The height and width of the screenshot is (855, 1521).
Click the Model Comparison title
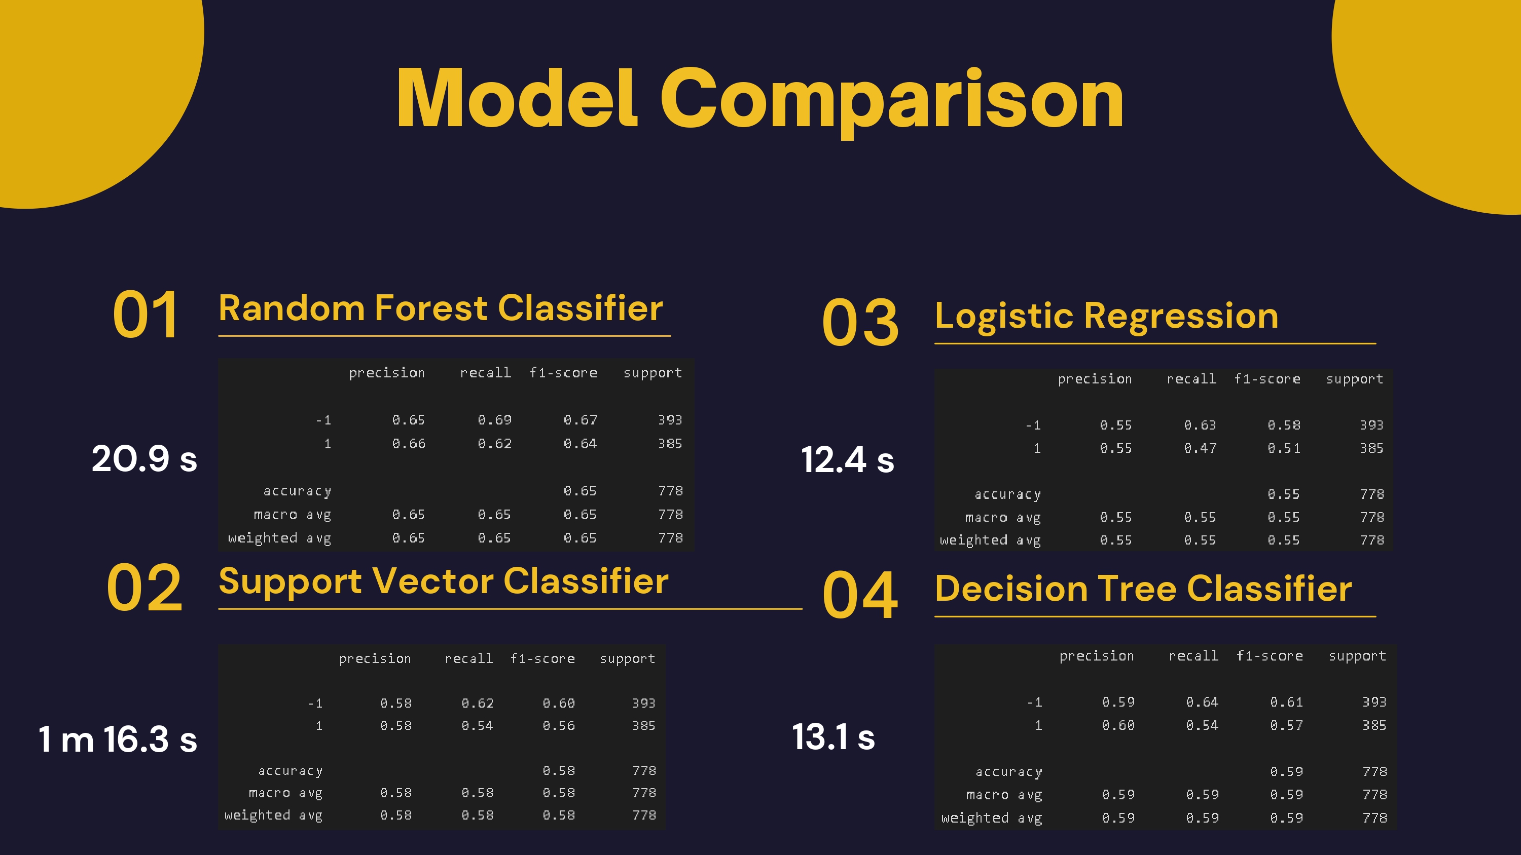click(x=760, y=99)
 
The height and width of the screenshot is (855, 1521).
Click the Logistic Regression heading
click(x=1106, y=316)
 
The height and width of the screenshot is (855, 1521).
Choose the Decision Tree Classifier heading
click(x=1143, y=589)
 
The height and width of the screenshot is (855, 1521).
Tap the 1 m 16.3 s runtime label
click(x=118, y=739)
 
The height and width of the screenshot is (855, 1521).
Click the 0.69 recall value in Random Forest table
click(x=494, y=419)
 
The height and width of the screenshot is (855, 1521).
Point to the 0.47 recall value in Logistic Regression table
click(x=1200, y=448)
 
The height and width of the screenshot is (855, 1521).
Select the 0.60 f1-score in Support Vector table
click(x=559, y=704)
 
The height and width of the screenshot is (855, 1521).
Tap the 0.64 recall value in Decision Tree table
click(x=1202, y=702)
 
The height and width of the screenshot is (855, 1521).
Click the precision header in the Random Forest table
click(x=387, y=373)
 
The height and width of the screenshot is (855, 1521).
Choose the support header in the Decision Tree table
click(x=1357, y=656)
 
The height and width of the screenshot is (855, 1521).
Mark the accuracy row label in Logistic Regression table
click(x=1007, y=494)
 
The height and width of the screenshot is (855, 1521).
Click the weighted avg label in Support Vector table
click(x=273, y=815)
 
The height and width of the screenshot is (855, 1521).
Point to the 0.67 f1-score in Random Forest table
click(x=580, y=419)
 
